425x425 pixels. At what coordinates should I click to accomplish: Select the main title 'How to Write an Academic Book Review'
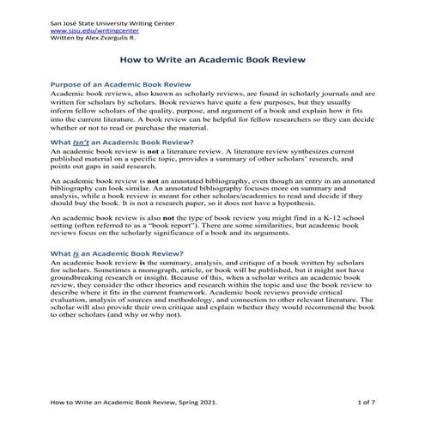click(212, 63)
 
